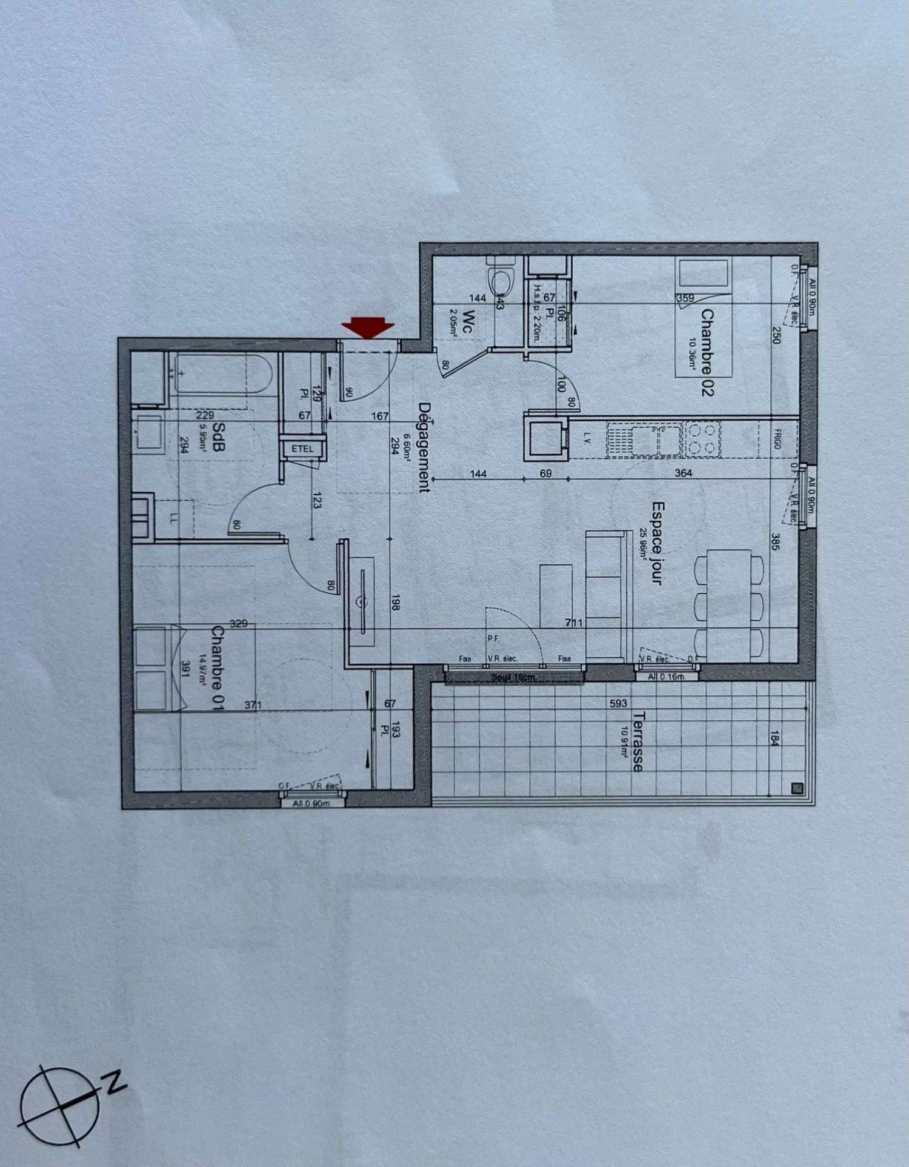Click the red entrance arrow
pyautogui.click(x=368, y=327)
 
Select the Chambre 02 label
pyautogui.click(x=707, y=352)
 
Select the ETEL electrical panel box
pyautogui.click(x=303, y=449)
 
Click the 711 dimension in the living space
pyautogui.click(x=573, y=623)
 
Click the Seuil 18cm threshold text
pyautogui.click(x=513, y=677)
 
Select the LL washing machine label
pyautogui.click(x=174, y=518)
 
